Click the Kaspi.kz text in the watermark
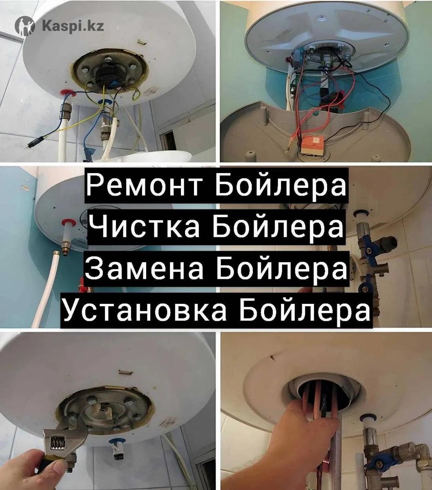pyautogui.click(x=73, y=25)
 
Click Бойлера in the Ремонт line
pyautogui.click(x=281, y=186)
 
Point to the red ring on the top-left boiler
pyautogui.click(x=66, y=93)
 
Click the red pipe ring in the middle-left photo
pyautogui.click(x=68, y=223)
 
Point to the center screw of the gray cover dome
pyautogui.click(x=322, y=18)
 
